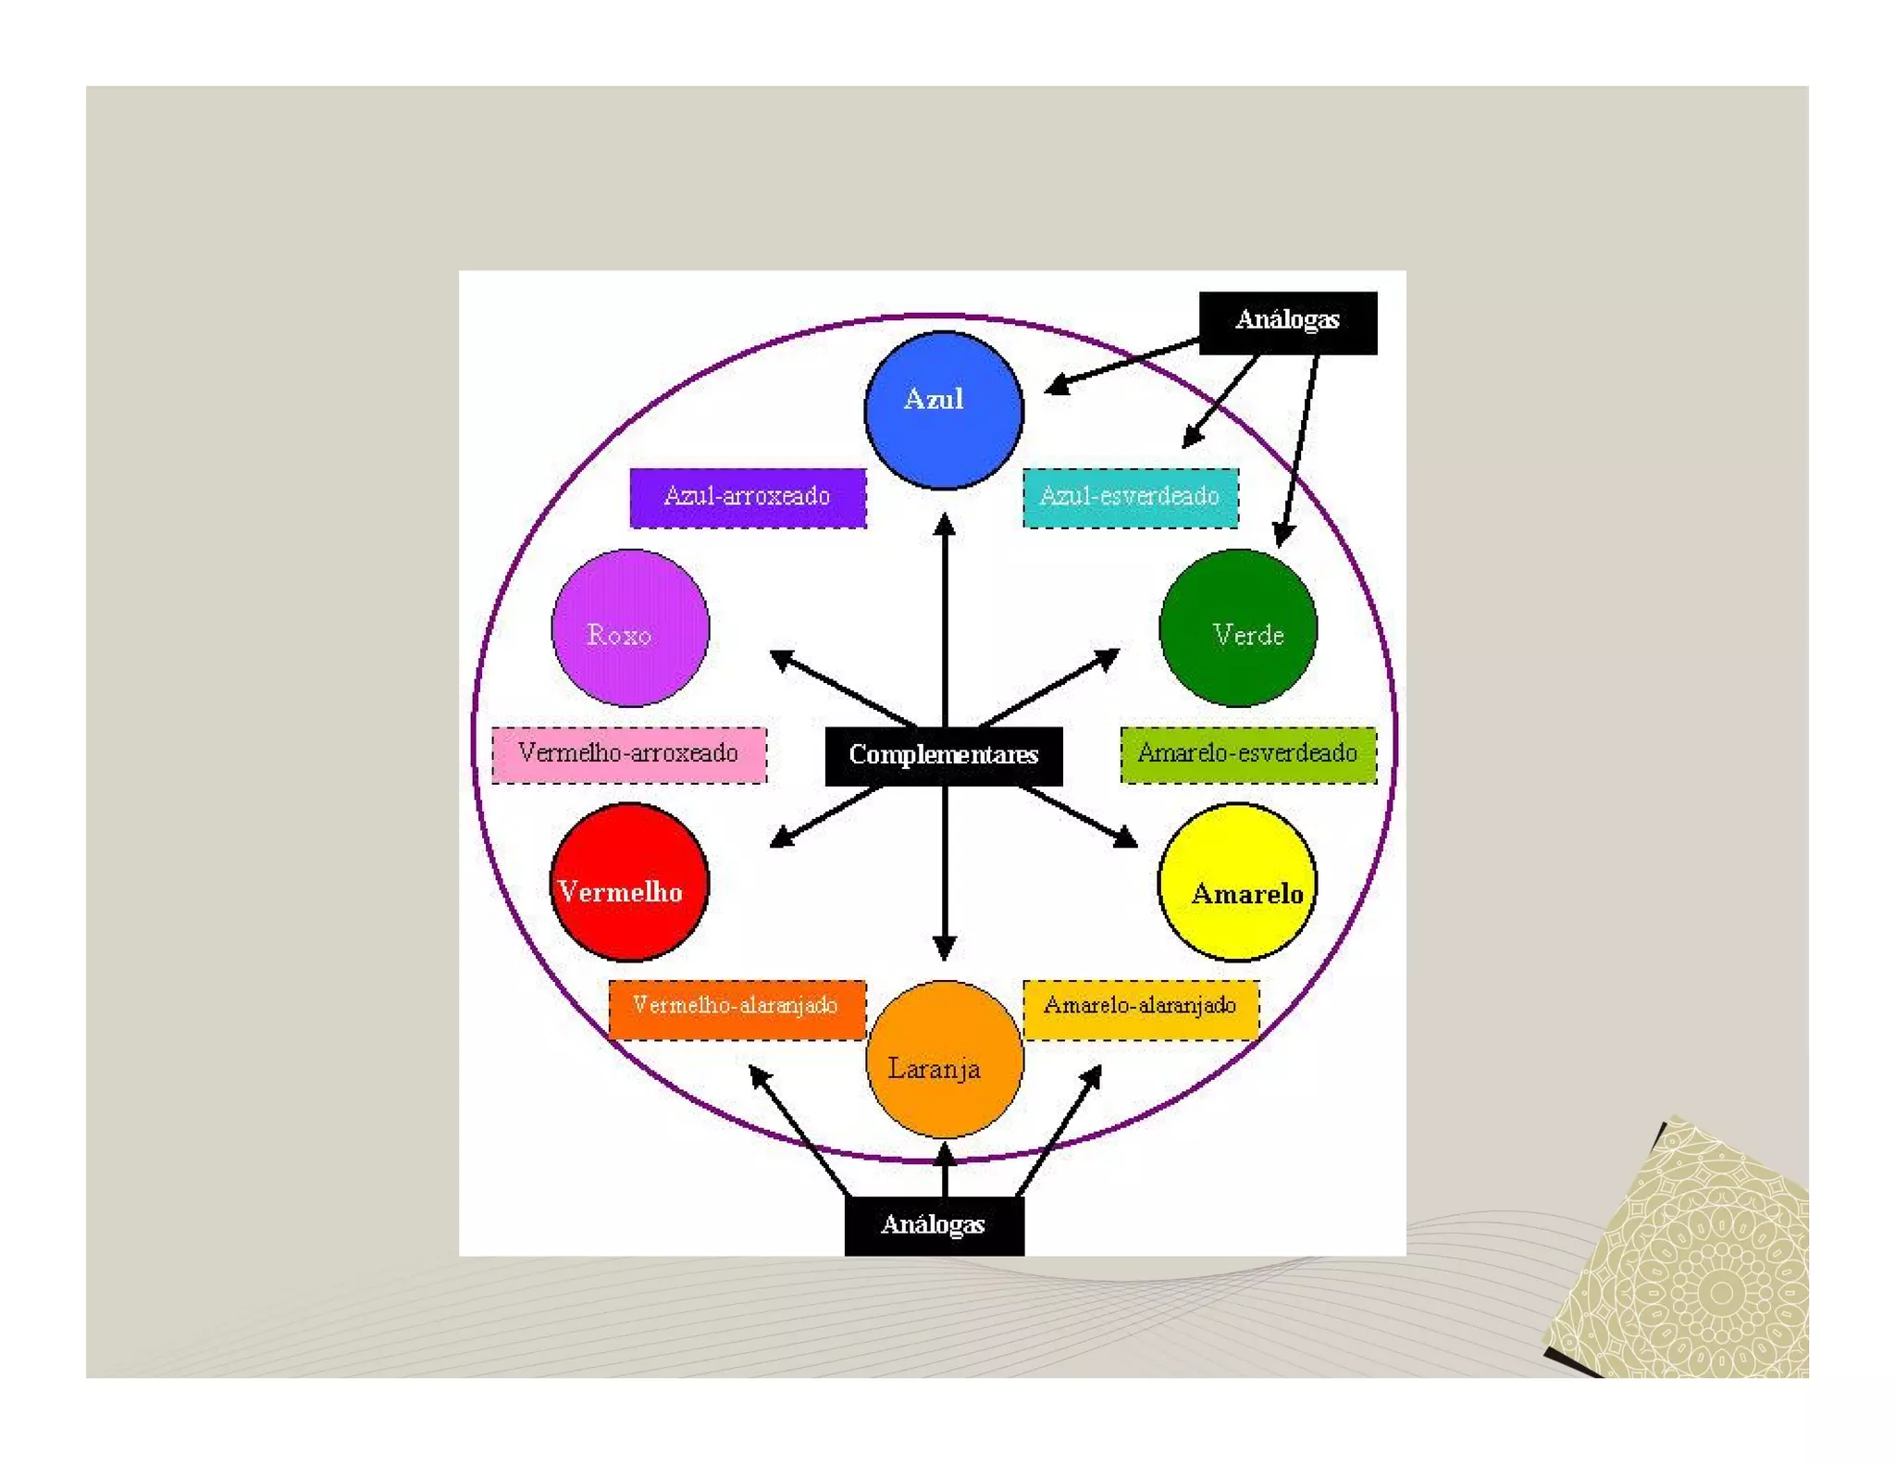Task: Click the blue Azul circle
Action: pos(943,410)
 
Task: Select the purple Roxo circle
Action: pos(630,627)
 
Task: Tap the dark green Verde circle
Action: pos(1237,627)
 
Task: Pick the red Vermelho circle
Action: pos(629,881)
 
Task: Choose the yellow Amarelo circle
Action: pos(1237,881)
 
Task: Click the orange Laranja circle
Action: pos(944,1060)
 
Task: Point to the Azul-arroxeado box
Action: pos(748,498)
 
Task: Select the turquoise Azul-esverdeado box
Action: pos(1130,498)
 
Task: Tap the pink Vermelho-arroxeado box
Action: pos(629,754)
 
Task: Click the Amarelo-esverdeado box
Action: pos(1247,754)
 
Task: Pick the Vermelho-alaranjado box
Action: pos(737,1009)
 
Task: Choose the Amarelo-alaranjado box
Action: pos(1140,1009)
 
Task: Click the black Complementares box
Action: pos(943,755)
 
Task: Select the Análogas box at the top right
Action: pos(1287,322)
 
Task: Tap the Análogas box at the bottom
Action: pos(934,1225)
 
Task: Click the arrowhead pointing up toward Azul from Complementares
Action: pos(944,525)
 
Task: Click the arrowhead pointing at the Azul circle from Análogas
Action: pos(1057,385)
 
